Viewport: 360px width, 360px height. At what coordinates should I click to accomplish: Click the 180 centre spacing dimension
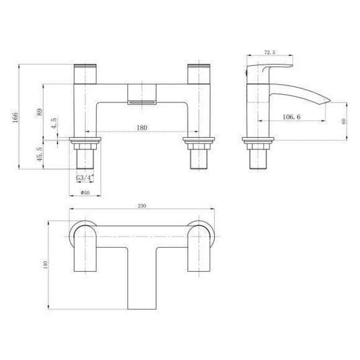[x=143, y=127]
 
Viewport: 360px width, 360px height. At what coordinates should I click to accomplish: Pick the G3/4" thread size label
[x=85, y=178]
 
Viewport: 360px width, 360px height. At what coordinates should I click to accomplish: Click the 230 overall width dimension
[x=142, y=205]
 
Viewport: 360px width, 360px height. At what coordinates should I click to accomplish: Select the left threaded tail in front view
[x=85, y=159]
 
